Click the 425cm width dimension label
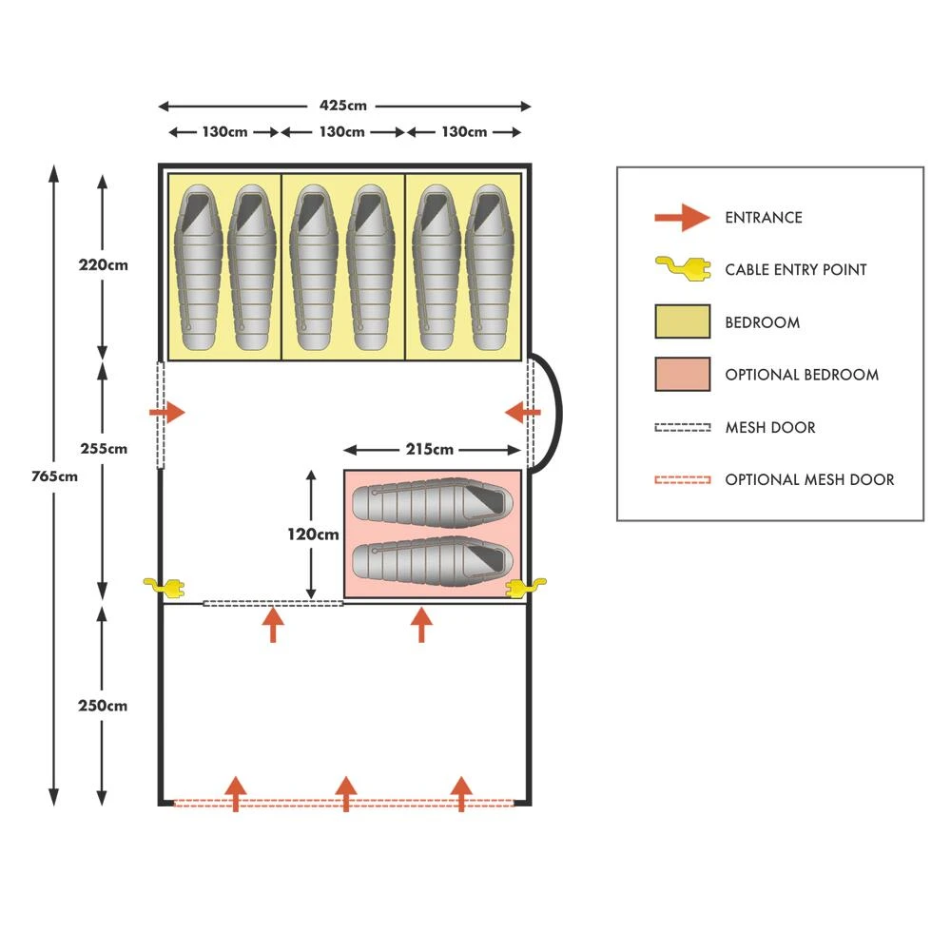coord(343,106)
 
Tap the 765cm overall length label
coord(54,476)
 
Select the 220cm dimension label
coord(103,265)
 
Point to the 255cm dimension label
coord(103,448)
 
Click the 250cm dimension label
coord(103,706)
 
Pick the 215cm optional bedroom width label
coord(428,449)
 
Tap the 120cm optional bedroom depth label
coord(313,534)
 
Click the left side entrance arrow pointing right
coord(168,413)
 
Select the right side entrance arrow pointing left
coord(522,413)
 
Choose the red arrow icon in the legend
coord(682,218)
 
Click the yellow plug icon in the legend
coord(682,270)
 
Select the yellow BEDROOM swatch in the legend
coord(682,321)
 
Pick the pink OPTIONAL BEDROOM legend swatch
coord(682,374)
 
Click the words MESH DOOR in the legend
coord(769,427)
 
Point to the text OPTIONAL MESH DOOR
coord(809,479)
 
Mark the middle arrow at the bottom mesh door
coord(346,793)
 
